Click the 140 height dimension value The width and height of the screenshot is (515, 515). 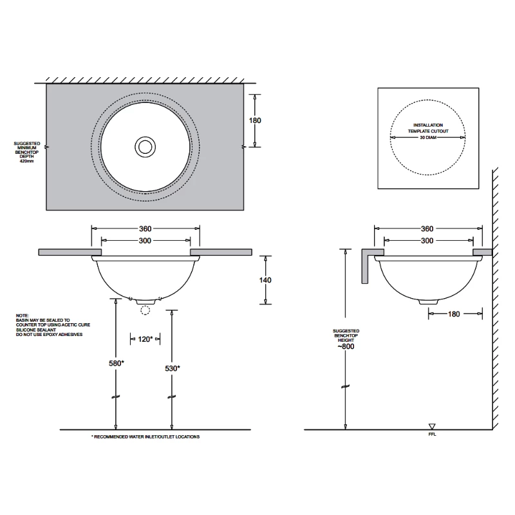pyautogui.click(x=265, y=280)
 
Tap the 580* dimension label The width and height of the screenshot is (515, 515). pyautogui.click(x=117, y=363)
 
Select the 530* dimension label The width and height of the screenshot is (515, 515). pyautogui.click(x=171, y=368)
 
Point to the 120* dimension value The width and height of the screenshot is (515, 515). pyautogui.click(x=145, y=339)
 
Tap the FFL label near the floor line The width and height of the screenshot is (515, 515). pyautogui.click(x=432, y=435)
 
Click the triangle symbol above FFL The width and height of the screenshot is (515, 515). pyautogui.click(x=432, y=426)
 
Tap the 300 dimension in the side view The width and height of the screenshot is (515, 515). pyautogui.click(x=426, y=240)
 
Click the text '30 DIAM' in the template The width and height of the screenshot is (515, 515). pyautogui.click(x=427, y=138)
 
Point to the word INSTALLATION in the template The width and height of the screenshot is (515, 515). pyautogui.click(x=427, y=124)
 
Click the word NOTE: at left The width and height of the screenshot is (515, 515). pyautogui.click(x=23, y=315)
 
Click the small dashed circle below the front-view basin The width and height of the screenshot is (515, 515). pyautogui.click(x=145, y=310)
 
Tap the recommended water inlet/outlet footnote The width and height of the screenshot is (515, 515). pyautogui.click(x=145, y=436)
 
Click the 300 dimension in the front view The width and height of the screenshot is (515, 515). pyautogui.click(x=145, y=240)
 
